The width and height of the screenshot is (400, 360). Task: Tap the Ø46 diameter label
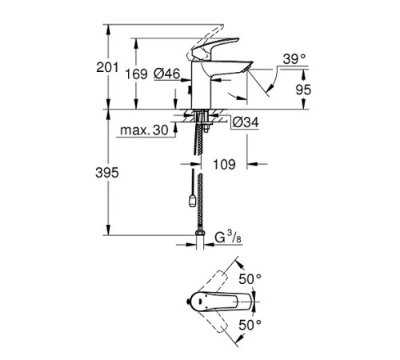166,74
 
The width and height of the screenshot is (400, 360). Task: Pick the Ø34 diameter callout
243,122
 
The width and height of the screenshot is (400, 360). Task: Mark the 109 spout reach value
226,166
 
